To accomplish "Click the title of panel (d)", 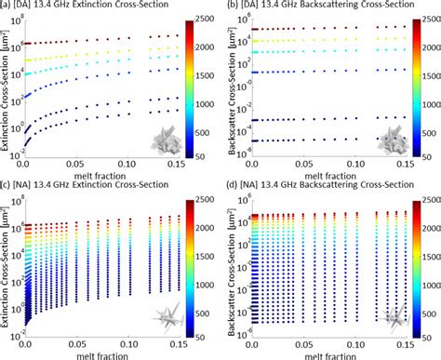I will pyautogui.click(x=314, y=186).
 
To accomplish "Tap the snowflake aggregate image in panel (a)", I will pyautogui.click(x=172, y=140).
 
